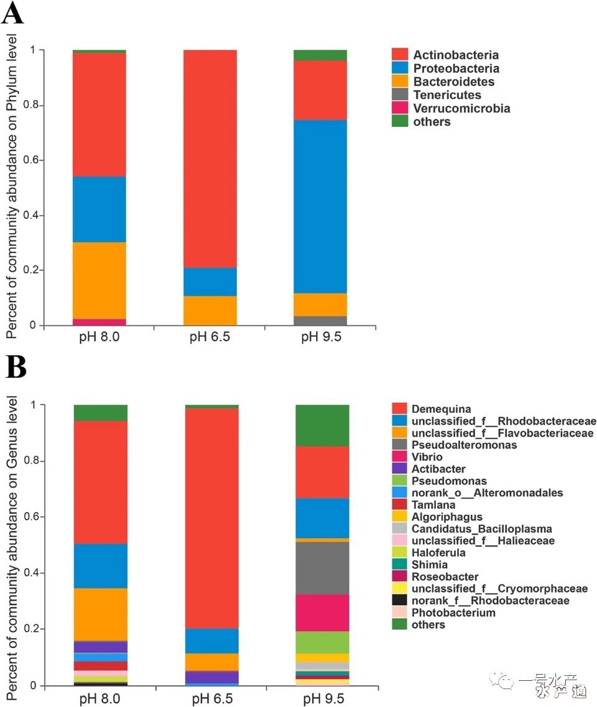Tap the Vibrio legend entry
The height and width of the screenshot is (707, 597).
(427, 457)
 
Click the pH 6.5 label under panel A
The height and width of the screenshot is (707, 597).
(210, 338)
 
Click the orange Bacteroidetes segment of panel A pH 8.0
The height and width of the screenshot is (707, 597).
(99, 280)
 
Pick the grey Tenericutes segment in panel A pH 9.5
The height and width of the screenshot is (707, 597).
(320, 321)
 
